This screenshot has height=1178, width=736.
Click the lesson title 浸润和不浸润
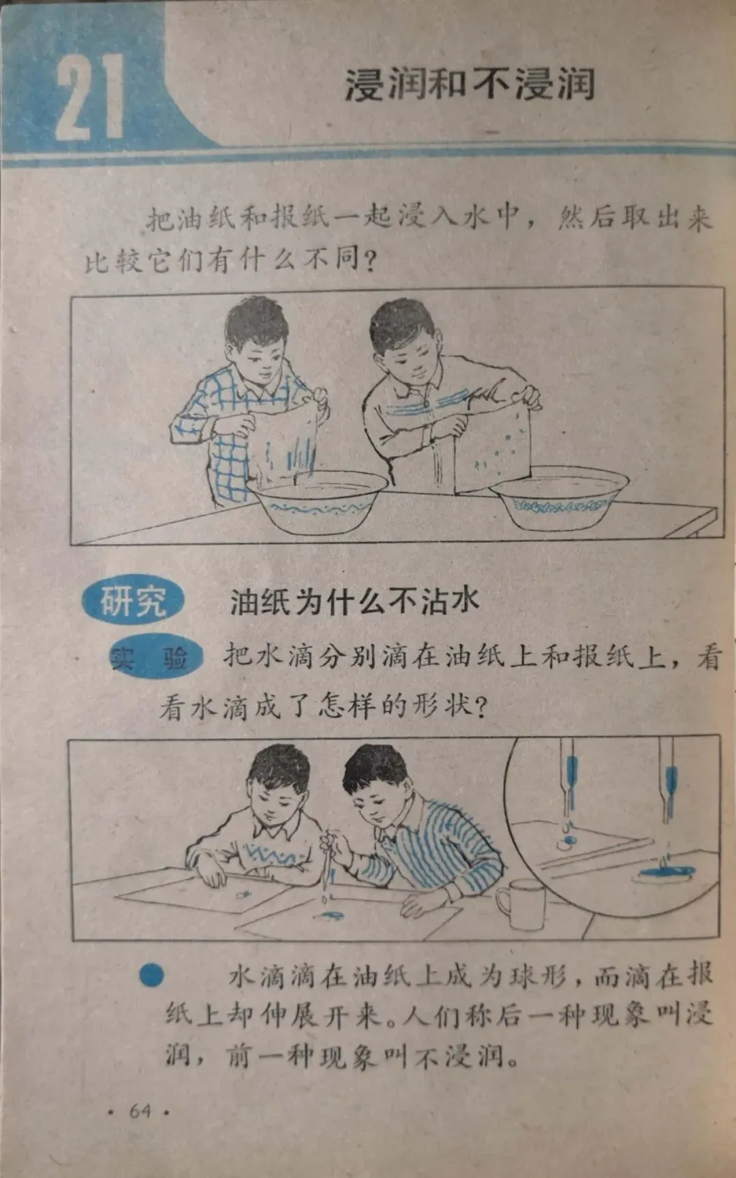pyautogui.click(x=470, y=84)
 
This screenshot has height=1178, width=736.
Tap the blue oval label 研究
pyautogui.click(x=133, y=601)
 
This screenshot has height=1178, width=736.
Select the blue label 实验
pyautogui.click(x=156, y=658)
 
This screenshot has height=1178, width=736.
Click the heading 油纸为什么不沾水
pyautogui.click(x=354, y=601)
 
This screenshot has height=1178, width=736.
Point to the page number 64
pyautogui.click(x=139, y=1111)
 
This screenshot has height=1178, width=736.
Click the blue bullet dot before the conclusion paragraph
pyautogui.click(x=151, y=976)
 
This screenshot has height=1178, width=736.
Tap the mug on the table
pyautogui.click(x=521, y=904)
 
